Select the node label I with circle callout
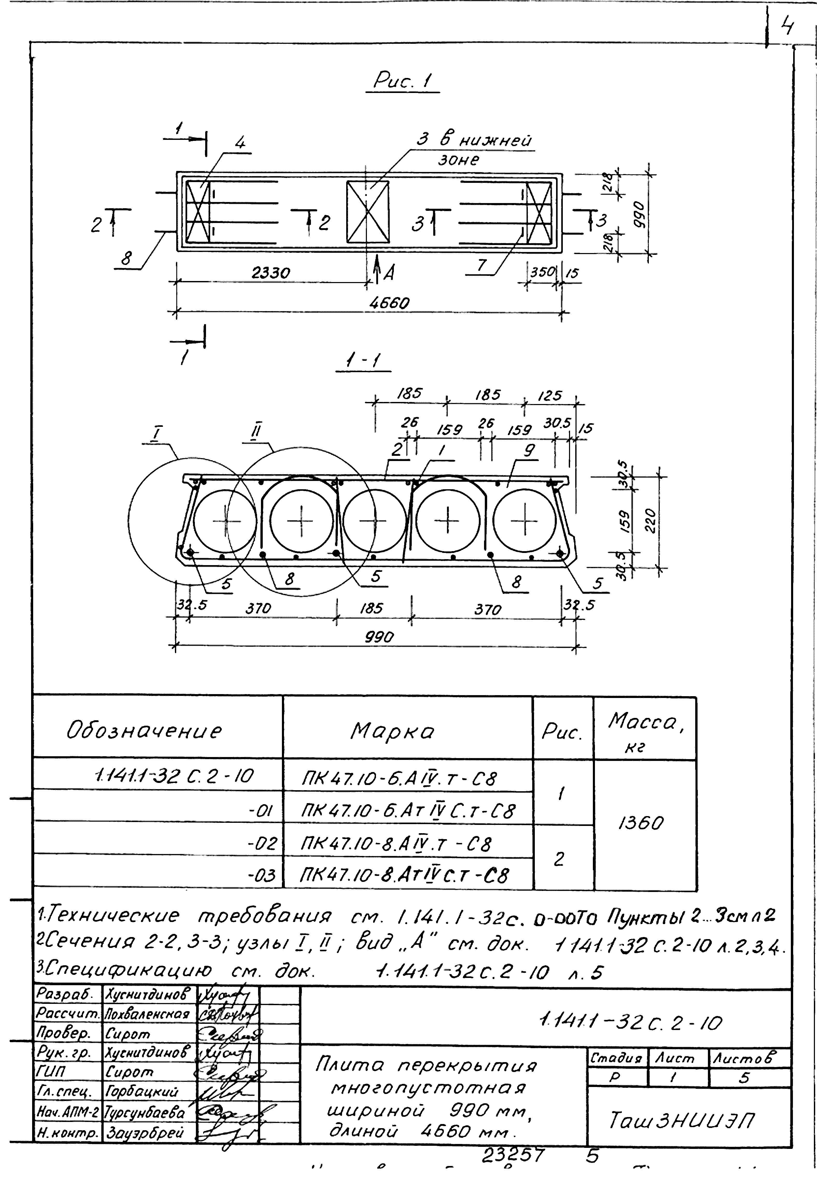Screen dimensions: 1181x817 157,434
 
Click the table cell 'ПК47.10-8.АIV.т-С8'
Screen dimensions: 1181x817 396,844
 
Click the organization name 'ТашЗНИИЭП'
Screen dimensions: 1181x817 681,1121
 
